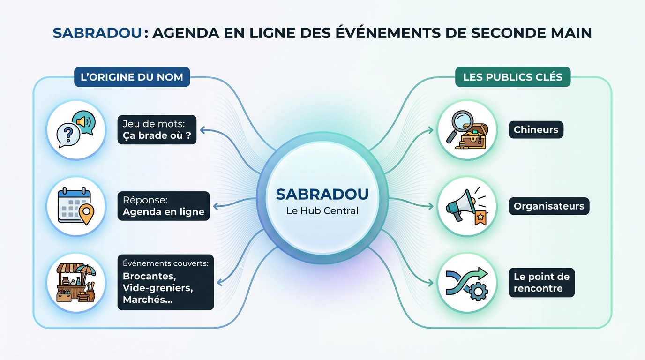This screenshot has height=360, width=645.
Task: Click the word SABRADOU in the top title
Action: click(97, 33)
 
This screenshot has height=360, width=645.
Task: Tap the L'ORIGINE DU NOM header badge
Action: click(132, 77)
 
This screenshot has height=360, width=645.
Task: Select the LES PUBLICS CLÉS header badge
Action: click(512, 77)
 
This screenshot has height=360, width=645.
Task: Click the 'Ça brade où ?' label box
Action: click(157, 129)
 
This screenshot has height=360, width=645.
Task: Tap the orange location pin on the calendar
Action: click(86, 214)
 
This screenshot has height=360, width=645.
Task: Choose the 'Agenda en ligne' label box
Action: click(164, 206)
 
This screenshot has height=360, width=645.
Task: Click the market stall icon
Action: click(76, 283)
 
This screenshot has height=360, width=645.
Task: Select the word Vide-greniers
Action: click(158, 288)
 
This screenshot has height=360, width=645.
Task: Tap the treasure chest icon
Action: click(472, 136)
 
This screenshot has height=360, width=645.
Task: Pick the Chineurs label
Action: click(536, 129)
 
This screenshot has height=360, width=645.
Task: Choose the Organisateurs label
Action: click(549, 206)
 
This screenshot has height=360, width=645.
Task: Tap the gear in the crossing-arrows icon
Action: click(478, 292)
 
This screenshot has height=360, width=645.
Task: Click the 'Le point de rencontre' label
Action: click(541, 282)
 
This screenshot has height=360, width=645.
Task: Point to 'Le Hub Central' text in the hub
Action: click(322, 211)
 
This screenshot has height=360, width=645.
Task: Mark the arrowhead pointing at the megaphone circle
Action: click(430, 206)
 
